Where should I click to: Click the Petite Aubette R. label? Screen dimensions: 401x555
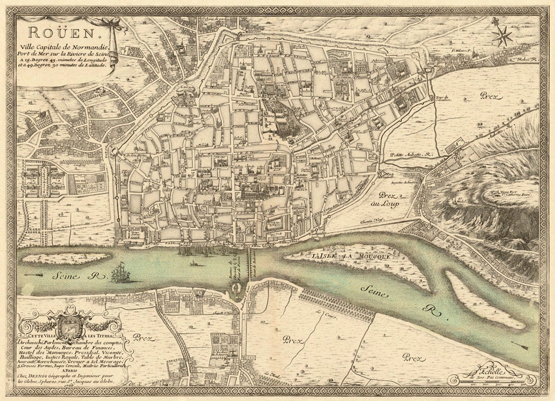tap(409, 155)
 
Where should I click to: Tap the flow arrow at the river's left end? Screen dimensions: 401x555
tap(31, 274)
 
